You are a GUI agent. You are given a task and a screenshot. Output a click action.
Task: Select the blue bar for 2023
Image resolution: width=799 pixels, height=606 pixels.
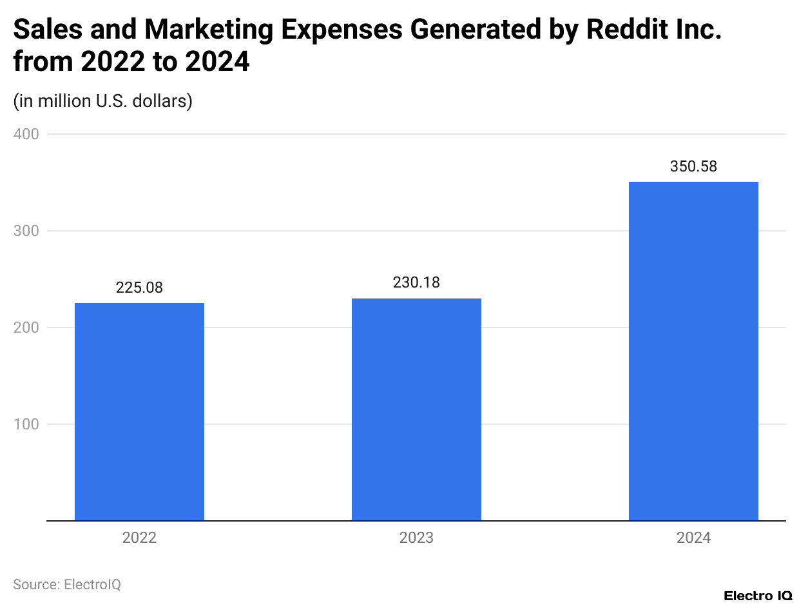(x=416, y=409)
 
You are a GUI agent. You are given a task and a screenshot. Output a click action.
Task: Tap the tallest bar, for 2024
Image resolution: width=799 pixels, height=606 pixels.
(x=693, y=351)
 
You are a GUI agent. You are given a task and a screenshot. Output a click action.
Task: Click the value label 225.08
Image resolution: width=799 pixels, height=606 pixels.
(x=139, y=288)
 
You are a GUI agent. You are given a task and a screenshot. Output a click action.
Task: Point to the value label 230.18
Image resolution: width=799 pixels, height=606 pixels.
(x=416, y=282)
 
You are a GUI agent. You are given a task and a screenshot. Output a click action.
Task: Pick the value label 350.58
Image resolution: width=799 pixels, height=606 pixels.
(x=693, y=166)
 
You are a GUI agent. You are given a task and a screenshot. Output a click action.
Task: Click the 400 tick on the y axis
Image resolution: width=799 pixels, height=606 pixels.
(x=26, y=134)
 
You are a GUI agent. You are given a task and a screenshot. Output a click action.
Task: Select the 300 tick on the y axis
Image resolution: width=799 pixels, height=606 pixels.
(x=26, y=231)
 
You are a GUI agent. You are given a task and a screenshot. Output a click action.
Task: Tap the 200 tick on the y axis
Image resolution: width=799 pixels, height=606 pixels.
(x=26, y=327)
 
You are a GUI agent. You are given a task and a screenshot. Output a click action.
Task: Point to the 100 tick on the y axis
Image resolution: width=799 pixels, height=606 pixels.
(x=26, y=424)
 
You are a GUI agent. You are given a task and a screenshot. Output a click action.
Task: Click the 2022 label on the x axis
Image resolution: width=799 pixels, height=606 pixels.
(x=139, y=538)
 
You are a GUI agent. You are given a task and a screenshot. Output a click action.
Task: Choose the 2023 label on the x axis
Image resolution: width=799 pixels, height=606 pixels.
(x=416, y=538)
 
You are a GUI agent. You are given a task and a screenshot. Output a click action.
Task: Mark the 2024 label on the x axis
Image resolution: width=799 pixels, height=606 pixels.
(x=693, y=538)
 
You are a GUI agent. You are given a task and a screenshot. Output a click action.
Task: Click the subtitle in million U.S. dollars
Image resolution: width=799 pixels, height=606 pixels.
(x=102, y=101)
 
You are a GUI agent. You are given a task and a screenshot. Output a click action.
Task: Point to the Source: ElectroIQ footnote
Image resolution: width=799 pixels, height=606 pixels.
(x=67, y=585)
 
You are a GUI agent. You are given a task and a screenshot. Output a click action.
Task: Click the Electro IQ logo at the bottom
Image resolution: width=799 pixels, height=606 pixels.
(x=758, y=595)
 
